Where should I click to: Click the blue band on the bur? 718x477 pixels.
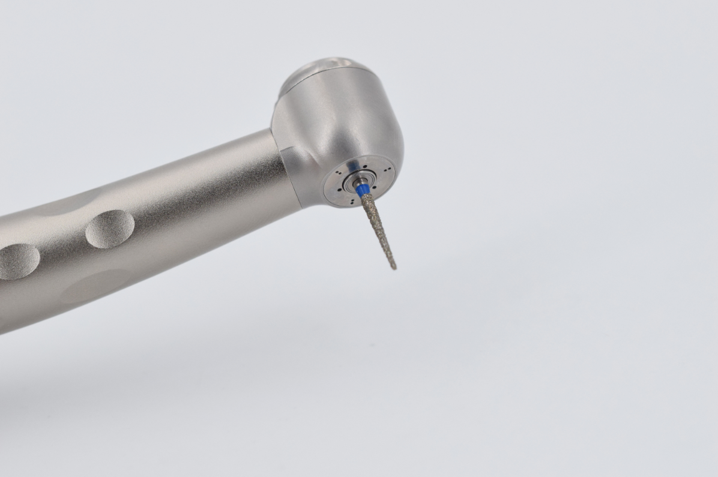363,190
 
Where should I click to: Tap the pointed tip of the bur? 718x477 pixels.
394,268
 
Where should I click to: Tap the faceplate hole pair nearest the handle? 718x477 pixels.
339,173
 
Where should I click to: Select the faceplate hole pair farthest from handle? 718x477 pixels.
387,169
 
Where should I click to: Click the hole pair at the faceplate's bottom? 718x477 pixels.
352,202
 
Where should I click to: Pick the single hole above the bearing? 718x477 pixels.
365,166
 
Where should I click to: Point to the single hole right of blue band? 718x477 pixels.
374,187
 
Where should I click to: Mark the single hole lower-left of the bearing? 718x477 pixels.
339,190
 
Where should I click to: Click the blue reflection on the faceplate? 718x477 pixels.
353,164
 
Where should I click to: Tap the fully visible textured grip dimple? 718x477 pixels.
109,229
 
